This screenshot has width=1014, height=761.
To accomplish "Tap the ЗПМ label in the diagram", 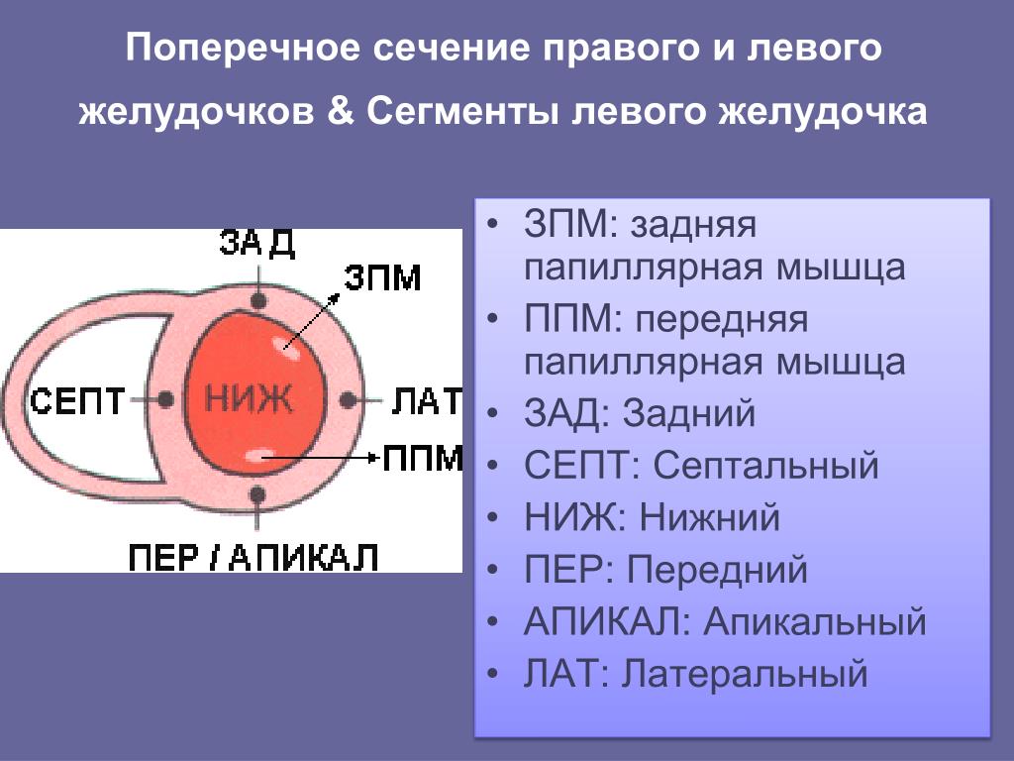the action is point(382,277).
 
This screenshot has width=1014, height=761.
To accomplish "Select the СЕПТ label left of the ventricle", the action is point(77,400).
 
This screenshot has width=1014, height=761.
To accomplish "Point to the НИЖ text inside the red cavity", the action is point(249,398).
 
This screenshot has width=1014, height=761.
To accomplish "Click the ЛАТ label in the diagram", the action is point(427,401).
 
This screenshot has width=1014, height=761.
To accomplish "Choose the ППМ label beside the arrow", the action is point(423,458).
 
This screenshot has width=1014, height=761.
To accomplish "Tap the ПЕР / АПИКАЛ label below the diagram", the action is point(253,557).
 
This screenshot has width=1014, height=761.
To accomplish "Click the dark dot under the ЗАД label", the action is point(258,300).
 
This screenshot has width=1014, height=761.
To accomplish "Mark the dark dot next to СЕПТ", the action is point(165,400).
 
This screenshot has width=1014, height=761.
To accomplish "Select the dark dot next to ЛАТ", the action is point(348,400).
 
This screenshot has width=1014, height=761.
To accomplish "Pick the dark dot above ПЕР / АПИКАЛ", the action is point(257,495).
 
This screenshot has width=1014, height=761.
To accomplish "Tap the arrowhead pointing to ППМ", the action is point(373,458).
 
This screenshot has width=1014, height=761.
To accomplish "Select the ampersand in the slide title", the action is point(341,110).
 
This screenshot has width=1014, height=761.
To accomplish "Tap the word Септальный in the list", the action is point(765,465).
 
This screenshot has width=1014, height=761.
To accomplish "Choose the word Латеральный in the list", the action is point(745,674).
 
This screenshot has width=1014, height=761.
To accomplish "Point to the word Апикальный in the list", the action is point(815,622).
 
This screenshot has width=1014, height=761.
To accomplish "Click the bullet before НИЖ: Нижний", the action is point(493,518).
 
